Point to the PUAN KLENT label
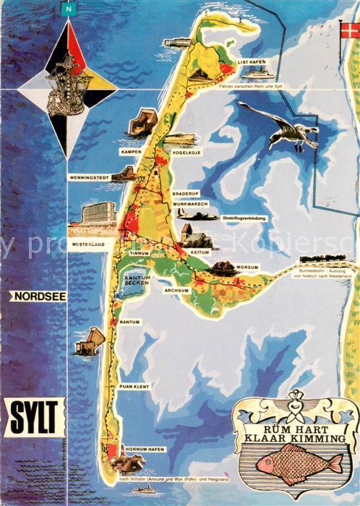[134, 386]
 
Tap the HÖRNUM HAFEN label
[146, 449]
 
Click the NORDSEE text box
[37, 296]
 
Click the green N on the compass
[69, 9]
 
